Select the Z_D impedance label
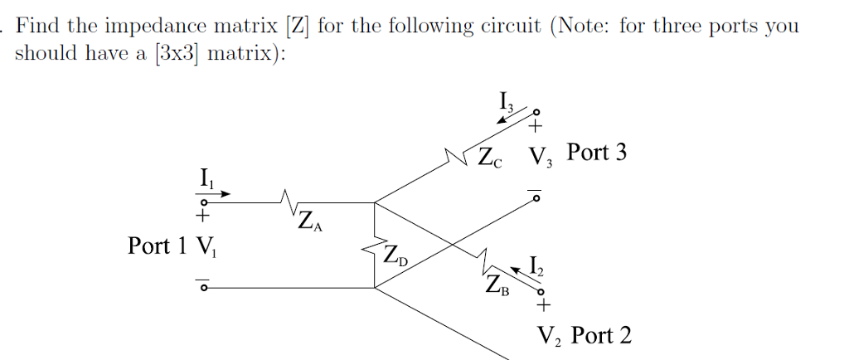[396, 253]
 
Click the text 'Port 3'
[597, 153]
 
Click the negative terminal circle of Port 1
[201, 288]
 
